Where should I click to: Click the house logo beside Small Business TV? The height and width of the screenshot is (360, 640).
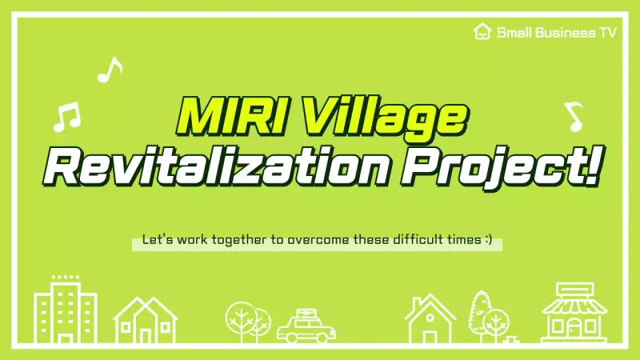482,32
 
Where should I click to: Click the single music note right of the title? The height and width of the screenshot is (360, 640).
574,116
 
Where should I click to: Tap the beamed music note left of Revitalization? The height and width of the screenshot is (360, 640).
66,118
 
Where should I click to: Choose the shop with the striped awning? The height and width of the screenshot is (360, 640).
573,312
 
